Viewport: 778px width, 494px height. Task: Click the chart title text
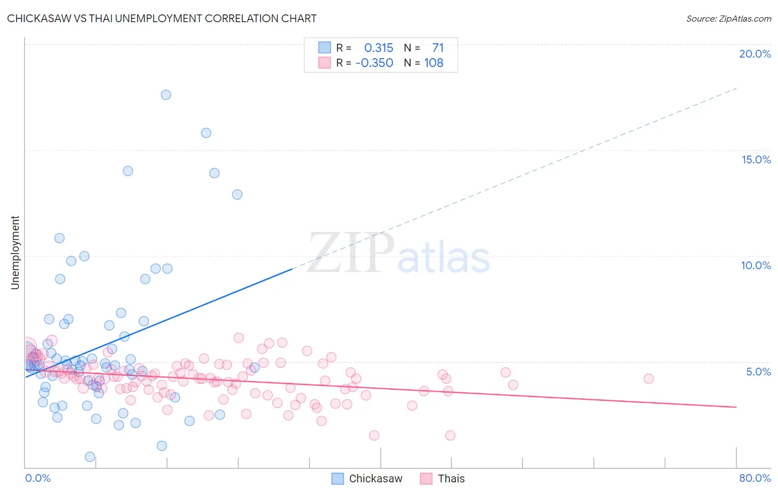162,18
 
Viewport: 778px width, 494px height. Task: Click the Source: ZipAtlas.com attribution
728,18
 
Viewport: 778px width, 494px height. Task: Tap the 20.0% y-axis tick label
755,54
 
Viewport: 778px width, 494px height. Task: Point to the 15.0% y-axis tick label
756,159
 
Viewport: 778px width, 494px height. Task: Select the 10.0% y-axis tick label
756,265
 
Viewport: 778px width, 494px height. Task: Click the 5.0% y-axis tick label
758,372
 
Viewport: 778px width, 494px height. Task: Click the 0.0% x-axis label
38,478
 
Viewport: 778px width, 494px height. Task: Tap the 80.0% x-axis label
755,478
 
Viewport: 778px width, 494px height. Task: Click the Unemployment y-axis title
15,253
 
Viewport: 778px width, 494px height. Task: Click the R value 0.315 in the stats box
378,48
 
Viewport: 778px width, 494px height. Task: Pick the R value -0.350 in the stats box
375,63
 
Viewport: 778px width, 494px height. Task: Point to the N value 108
433,63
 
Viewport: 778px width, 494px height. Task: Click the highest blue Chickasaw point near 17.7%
166,95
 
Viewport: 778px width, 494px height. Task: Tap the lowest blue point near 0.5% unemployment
90,457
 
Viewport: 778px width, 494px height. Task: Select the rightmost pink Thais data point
649,379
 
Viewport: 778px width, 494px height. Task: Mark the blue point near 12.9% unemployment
237,194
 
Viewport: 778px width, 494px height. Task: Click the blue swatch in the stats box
324,48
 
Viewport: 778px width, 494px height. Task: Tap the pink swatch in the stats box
324,63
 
